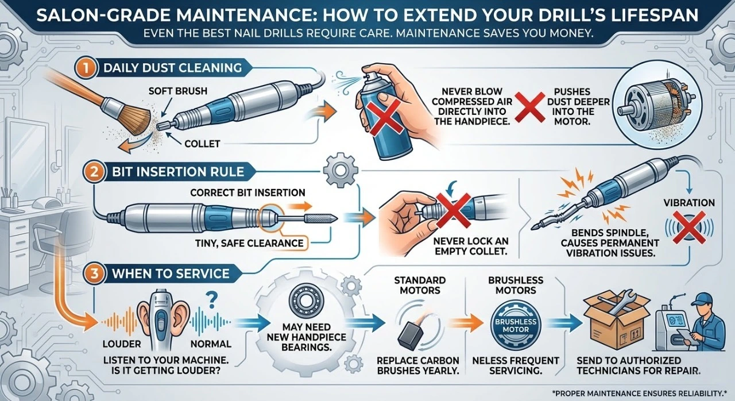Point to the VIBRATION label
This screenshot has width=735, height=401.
688,203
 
